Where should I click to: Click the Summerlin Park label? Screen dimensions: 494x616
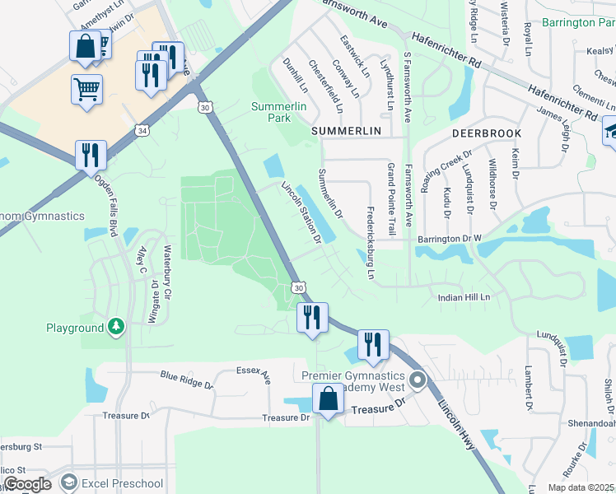tap(273, 112)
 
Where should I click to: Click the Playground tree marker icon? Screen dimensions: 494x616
tap(117, 328)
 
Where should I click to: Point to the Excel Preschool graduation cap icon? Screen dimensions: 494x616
tap(68, 483)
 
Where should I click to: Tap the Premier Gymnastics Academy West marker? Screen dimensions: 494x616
tap(418, 380)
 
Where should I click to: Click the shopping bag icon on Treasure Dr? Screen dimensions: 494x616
tap(328, 399)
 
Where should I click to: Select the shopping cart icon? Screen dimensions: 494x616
tap(86, 88)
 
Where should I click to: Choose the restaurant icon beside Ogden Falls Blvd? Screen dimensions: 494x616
tap(90, 155)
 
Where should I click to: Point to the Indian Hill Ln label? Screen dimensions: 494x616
tap(464, 296)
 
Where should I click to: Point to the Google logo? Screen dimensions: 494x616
tap(28, 484)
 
